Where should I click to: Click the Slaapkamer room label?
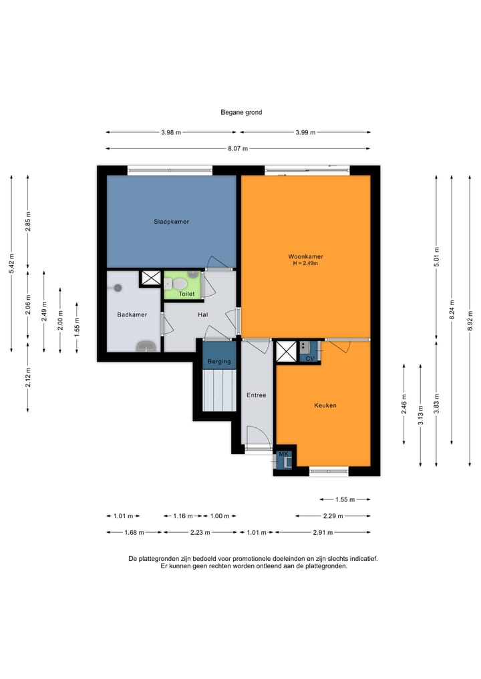tap(171, 222)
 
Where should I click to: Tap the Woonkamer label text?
tap(305, 256)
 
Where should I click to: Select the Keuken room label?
tap(325, 405)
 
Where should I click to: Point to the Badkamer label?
tap(132, 315)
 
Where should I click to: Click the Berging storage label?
tap(219, 362)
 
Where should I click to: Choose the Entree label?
tap(256, 395)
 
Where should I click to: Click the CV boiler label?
tap(310, 359)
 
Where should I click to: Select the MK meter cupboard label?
tap(283, 454)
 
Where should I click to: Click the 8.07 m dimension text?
tap(238, 148)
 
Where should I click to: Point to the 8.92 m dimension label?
tap(470, 321)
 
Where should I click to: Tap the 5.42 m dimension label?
tap(12, 263)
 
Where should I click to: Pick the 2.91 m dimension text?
tap(323, 533)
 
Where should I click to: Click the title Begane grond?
tap(241, 112)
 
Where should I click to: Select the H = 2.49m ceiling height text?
tap(305, 263)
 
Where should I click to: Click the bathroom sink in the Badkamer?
tap(146, 347)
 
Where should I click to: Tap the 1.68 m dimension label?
tap(134, 533)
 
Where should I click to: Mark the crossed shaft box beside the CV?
tap(286, 351)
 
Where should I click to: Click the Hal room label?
tap(203, 315)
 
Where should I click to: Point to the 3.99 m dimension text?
tap(305, 132)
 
